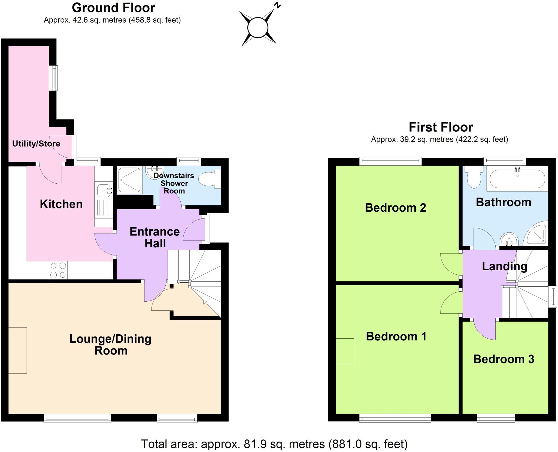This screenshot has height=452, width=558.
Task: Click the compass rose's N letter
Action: pyautogui.click(x=277, y=5)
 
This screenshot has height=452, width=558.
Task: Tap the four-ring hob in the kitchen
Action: pyautogui.click(x=58, y=270)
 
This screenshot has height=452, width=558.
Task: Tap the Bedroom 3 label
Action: pyautogui.click(x=504, y=359)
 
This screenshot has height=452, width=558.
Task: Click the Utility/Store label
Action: pyautogui.click(x=36, y=144)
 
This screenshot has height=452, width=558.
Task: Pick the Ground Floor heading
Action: pyautogui.click(x=113, y=8)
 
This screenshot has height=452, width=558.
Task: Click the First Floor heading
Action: pyautogui.click(x=441, y=127)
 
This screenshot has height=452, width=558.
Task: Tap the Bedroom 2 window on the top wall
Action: pyautogui.click(x=390, y=161)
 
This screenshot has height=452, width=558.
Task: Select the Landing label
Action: pyautogui.click(x=504, y=266)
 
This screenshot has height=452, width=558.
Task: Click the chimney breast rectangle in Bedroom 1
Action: pyautogui.click(x=345, y=351)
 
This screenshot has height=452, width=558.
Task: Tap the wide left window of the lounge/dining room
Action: pyautogui.click(x=77, y=418)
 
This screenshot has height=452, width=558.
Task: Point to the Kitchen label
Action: pyautogui.click(x=61, y=204)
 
